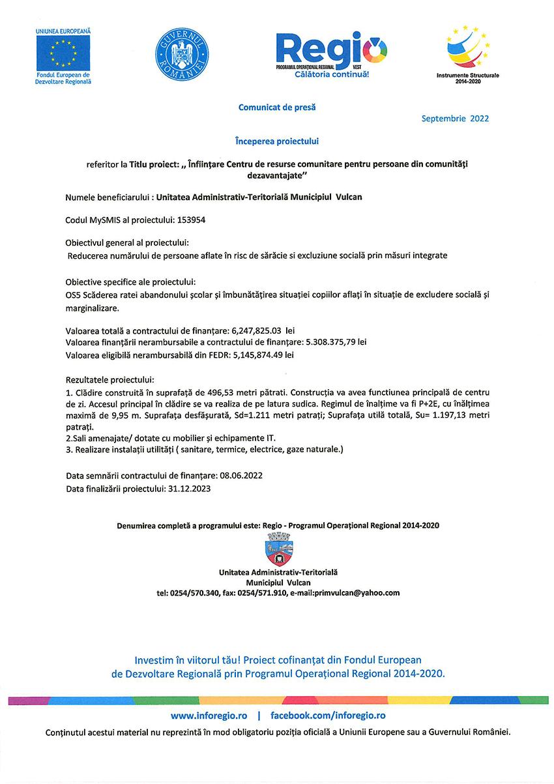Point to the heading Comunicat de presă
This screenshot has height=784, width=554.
point(276,107)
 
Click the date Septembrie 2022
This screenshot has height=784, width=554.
point(455,119)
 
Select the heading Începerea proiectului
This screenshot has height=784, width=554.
point(277,140)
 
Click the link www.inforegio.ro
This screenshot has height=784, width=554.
point(210,715)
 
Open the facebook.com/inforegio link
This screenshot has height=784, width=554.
point(328,715)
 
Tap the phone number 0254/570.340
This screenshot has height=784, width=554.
point(194,593)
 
